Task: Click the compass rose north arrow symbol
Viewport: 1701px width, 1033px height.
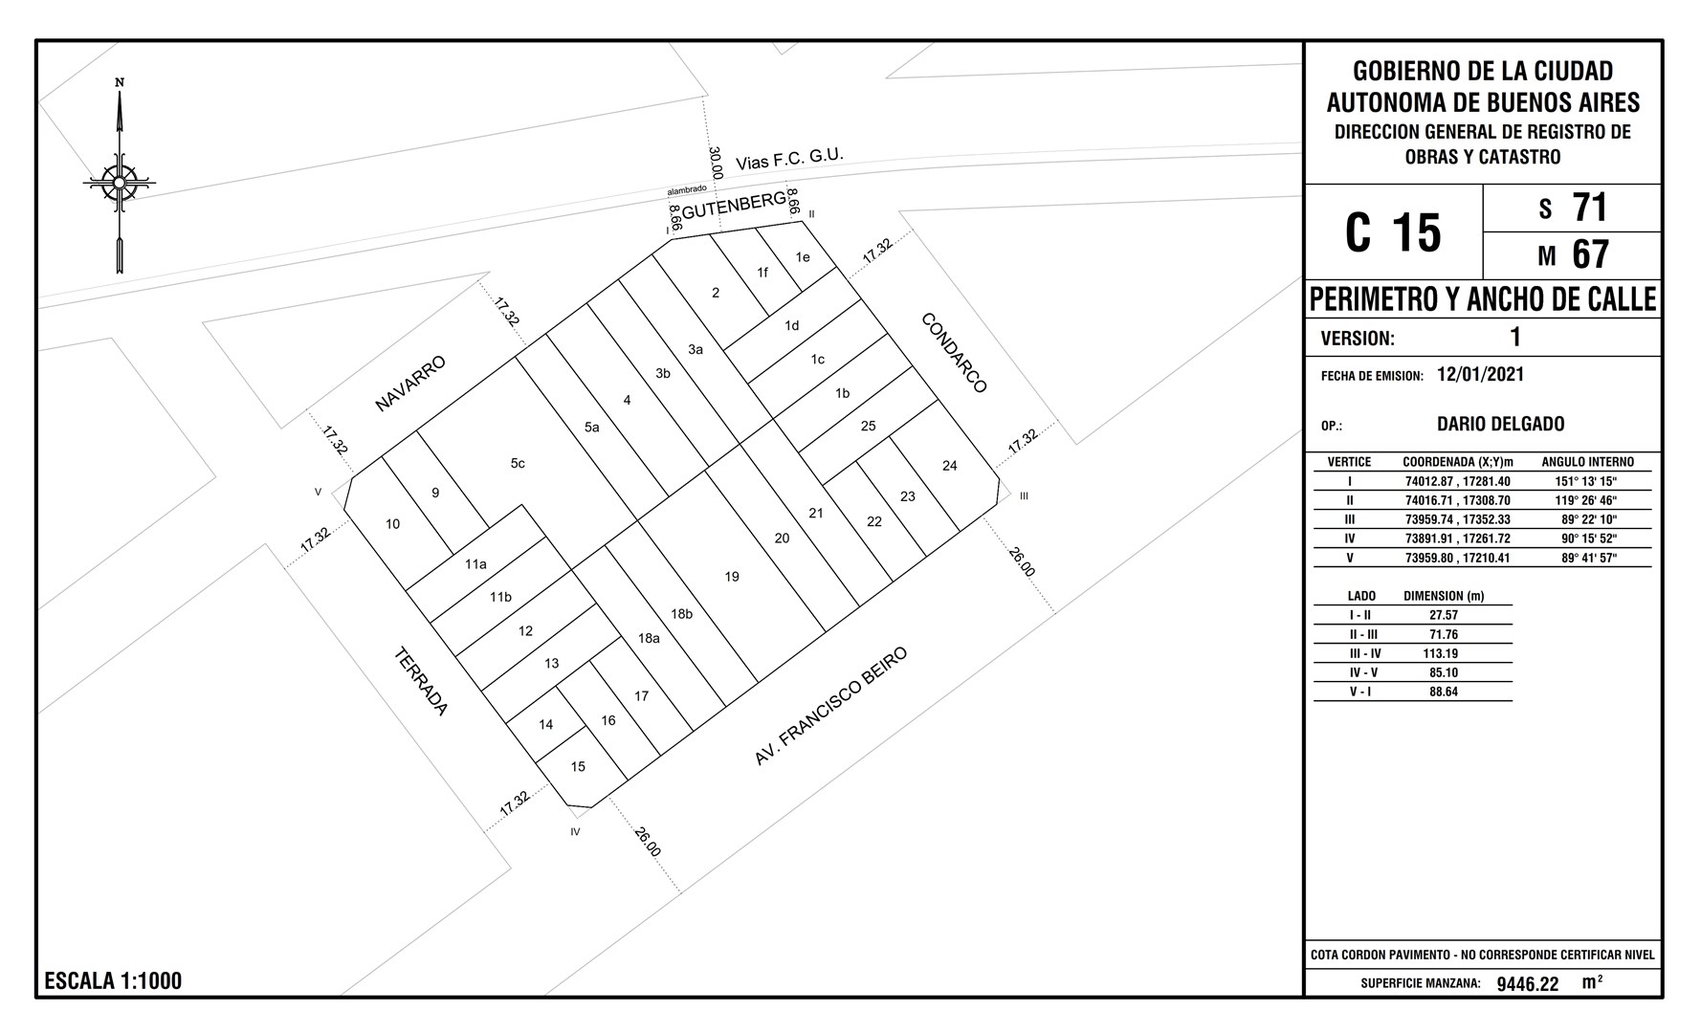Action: pos(120,178)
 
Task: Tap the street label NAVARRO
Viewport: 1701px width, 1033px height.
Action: pos(410,384)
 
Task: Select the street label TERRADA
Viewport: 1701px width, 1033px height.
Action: pos(421,682)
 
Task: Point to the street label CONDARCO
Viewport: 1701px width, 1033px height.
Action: pos(954,353)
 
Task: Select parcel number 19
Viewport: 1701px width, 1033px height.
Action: pos(732,577)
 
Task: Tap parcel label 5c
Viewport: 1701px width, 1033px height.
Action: pos(518,464)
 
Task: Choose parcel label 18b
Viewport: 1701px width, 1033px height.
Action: pos(681,614)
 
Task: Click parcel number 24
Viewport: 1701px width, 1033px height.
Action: pos(949,466)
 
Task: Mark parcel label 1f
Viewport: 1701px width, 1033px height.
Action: pos(762,273)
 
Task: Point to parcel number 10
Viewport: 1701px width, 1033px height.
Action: pos(392,524)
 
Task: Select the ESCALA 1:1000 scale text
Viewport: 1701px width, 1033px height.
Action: pos(113,980)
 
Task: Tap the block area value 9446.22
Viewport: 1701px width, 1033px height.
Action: pos(1528,984)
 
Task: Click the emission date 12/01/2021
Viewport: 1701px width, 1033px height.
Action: pos(1480,374)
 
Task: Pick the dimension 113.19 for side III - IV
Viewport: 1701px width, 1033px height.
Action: pos(1440,654)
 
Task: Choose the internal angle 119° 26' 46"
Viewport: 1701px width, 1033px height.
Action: pos(1586,500)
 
